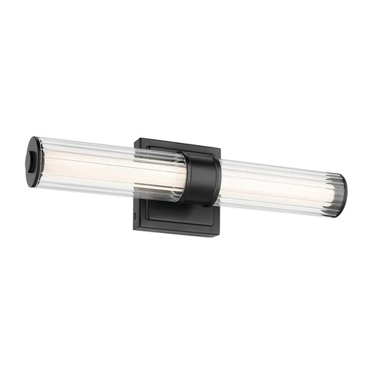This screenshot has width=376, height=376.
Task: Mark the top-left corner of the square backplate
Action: (x=137, y=138)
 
